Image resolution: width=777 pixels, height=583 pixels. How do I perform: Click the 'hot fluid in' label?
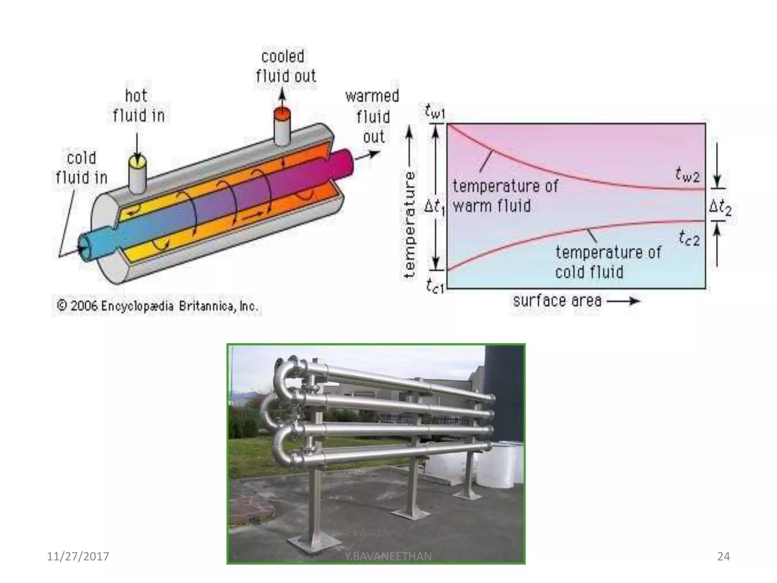[138, 106]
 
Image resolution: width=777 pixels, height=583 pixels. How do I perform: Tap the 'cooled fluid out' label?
[285, 66]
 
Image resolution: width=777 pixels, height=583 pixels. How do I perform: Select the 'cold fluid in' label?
[82, 168]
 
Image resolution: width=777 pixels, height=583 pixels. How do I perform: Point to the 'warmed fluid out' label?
[372, 116]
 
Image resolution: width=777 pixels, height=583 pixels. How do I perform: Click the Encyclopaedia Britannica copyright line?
[157, 306]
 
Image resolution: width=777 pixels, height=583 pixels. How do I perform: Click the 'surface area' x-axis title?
[557, 301]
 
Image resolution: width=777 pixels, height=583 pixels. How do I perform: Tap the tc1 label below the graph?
[434, 285]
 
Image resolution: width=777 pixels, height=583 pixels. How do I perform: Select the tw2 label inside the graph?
[687, 175]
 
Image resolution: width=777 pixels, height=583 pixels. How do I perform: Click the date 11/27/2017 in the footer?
[78, 556]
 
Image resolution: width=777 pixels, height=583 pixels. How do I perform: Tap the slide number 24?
[723, 556]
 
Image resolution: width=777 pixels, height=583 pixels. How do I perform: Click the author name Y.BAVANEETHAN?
[388, 556]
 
